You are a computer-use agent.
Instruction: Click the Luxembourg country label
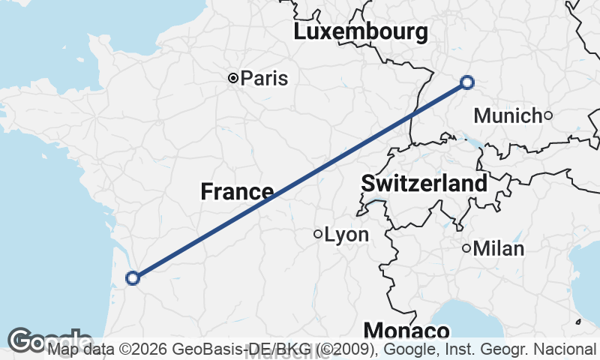point(361,32)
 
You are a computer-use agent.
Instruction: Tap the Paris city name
point(264,78)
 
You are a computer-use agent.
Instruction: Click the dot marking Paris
point(233,77)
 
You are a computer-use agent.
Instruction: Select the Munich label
point(508,115)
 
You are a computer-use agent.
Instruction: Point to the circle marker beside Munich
point(548,115)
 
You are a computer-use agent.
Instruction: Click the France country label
point(237,192)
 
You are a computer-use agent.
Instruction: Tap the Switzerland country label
point(424,183)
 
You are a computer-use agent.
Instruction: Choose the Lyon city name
point(346,235)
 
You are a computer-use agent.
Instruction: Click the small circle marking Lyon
point(318,234)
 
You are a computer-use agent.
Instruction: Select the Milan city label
point(499,248)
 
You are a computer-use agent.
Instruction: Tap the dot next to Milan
point(466,248)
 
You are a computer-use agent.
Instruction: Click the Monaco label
point(406,331)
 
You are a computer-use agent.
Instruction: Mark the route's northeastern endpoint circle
point(467,82)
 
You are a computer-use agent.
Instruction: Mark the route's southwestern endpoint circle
point(133,278)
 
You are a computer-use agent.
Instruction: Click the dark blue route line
point(300,180)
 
